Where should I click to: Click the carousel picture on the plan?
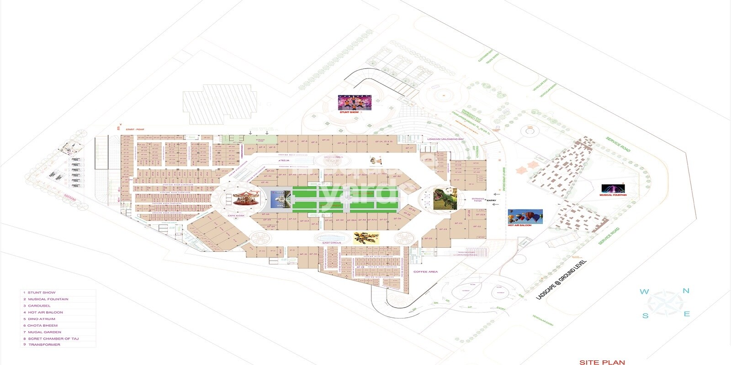246,198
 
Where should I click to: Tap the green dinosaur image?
445,199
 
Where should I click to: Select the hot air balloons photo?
525,217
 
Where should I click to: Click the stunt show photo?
355,103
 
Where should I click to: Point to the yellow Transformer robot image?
366,238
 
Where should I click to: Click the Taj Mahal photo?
281,199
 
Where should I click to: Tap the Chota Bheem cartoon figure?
376,161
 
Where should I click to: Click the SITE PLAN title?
602,362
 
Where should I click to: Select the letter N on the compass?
686,291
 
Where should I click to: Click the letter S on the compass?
645,316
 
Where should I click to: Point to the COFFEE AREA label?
425,272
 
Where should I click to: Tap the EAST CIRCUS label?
332,243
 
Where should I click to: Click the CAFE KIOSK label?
236,215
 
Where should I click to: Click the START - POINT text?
135,130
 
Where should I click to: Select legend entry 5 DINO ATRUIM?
42,319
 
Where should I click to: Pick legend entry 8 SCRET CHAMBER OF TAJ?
53,339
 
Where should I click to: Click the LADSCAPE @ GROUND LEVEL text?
561,280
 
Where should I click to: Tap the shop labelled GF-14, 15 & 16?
384,142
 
